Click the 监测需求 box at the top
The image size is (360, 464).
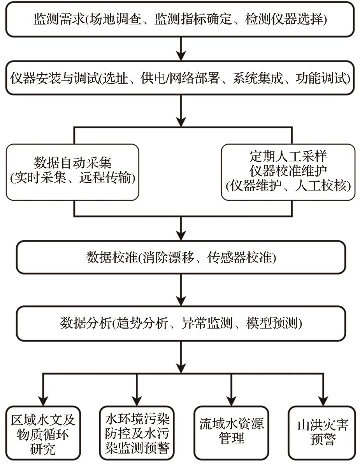click(x=180, y=19)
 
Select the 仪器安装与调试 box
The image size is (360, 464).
click(x=180, y=79)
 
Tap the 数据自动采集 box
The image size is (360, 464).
click(x=72, y=172)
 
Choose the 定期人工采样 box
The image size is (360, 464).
click(x=288, y=172)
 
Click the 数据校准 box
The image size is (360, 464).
click(x=180, y=257)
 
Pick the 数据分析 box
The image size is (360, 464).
click(x=180, y=323)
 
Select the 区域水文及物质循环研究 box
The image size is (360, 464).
click(x=43, y=432)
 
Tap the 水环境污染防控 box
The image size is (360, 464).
click(x=137, y=432)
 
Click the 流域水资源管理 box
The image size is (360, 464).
click(x=232, y=432)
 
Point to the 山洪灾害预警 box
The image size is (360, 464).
click(x=322, y=432)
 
